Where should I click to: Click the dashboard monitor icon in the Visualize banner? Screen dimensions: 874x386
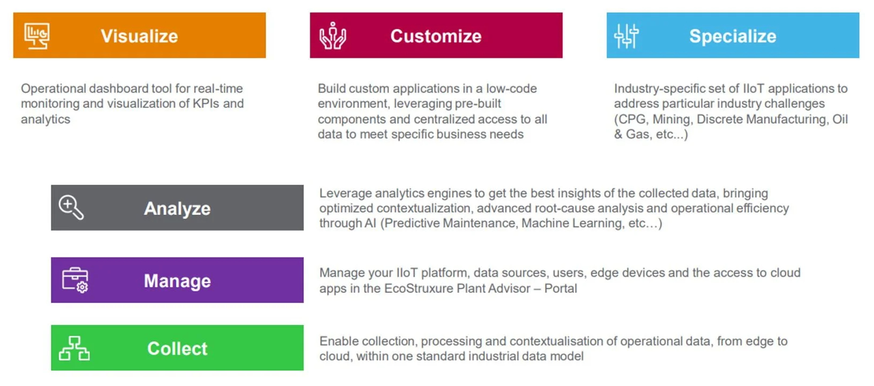tap(37, 36)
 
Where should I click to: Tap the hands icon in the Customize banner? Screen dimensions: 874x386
tap(332, 35)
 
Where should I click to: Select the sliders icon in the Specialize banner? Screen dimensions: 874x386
tap(626, 36)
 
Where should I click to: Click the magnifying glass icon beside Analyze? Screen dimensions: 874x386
tap(71, 207)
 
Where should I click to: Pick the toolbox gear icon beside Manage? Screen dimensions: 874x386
tap(75, 280)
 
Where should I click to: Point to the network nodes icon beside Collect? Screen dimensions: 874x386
tap(74, 348)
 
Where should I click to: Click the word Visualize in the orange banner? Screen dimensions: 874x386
tap(139, 36)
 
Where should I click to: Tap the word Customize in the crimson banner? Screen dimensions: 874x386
tap(436, 36)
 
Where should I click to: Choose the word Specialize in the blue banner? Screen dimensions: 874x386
tap(733, 36)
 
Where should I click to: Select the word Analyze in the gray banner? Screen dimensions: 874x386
tap(177, 209)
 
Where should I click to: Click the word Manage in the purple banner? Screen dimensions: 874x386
tap(177, 281)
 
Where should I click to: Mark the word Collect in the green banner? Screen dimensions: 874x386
tap(177, 349)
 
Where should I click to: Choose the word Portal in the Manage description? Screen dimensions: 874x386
tap(560, 289)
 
